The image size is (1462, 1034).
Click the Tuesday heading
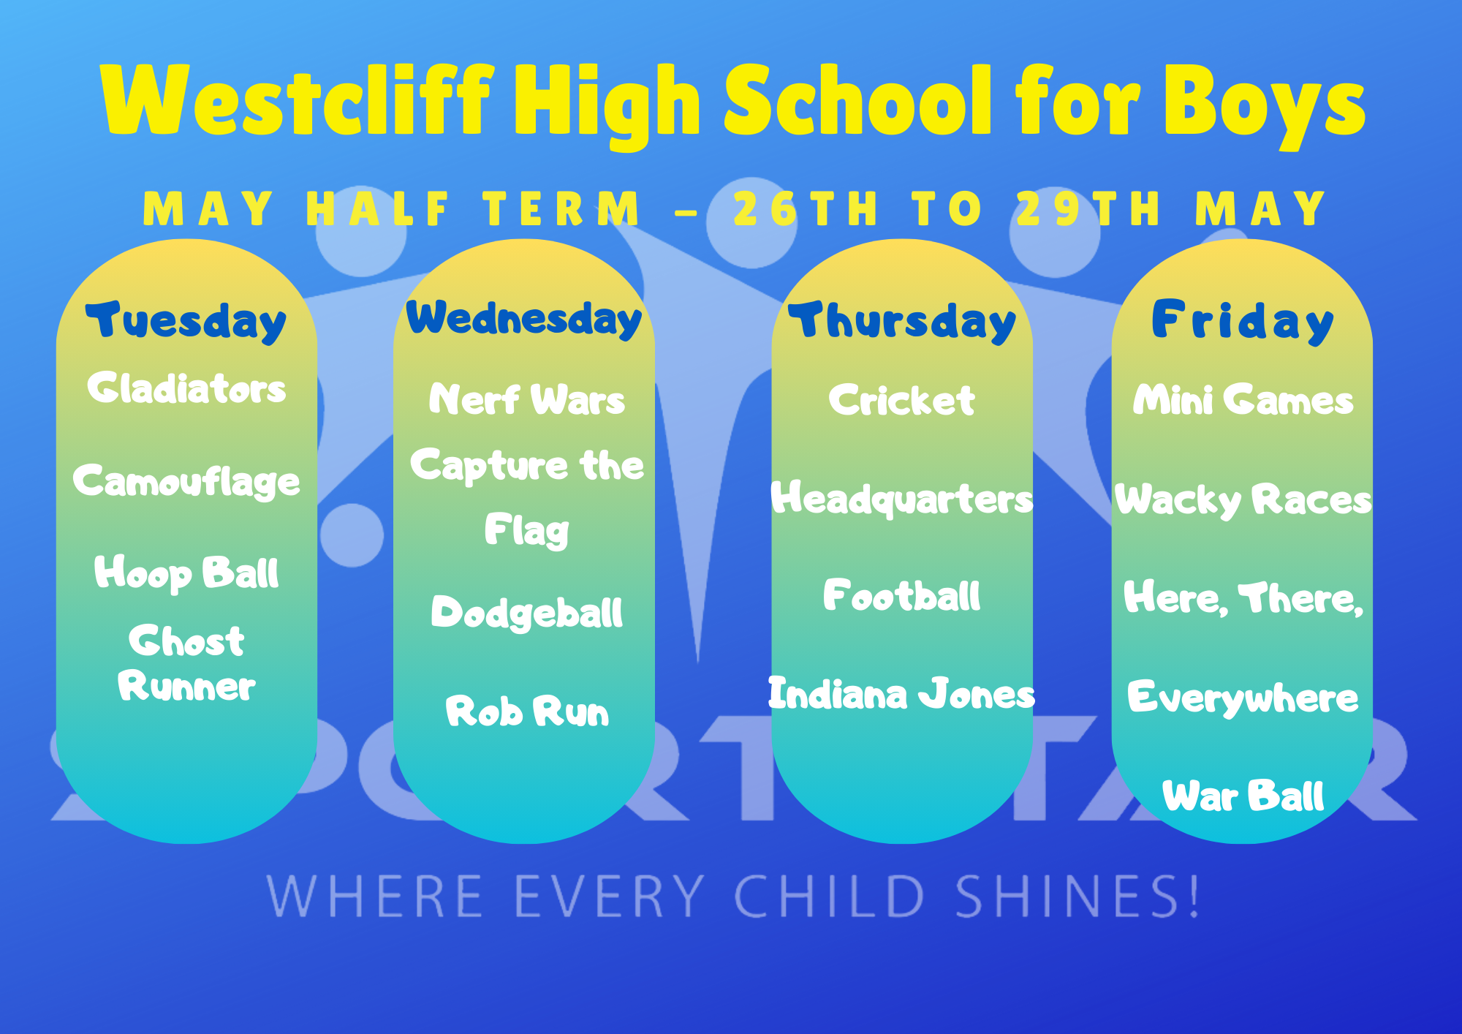[186, 322]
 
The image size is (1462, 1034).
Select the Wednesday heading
[523, 319]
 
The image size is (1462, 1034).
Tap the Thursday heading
[902, 322]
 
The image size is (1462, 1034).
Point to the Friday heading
[1243, 322]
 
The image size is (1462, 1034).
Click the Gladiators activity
[186, 388]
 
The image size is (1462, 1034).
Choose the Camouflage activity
[186, 482]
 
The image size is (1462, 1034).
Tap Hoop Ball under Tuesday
[186, 573]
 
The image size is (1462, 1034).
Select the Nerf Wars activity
[527, 399]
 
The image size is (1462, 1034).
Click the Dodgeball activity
[527, 613]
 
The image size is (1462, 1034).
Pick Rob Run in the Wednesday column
[527, 711]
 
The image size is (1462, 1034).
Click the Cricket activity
[902, 400]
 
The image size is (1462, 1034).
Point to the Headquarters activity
[902, 499]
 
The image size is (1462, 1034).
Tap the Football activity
[902, 595]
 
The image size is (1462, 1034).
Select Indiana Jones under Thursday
[902, 693]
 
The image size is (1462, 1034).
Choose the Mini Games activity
[1243, 400]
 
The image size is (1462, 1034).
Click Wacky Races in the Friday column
[1243, 500]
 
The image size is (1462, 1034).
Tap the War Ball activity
[1243, 796]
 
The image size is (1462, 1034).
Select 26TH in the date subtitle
[806, 209]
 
